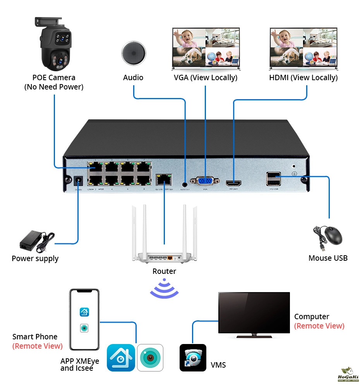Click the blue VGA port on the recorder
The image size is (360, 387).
pyautogui.click(x=205, y=181)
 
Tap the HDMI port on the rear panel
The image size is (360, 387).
pyautogui.click(x=233, y=182)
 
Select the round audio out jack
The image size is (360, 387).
pyautogui.click(x=185, y=180)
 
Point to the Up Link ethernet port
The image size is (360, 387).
pyautogui.click(x=164, y=179)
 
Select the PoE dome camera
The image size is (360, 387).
pyautogui.click(x=56, y=45)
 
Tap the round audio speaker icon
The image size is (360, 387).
pyautogui.click(x=134, y=53)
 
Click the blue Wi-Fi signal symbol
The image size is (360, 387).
pyautogui.click(x=164, y=289)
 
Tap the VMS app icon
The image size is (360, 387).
pyautogui.click(x=193, y=358)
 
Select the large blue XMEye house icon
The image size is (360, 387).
pyautogui.click(x=121, y=358)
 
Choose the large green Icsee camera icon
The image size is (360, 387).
pyautogui.click(x=150, y=358)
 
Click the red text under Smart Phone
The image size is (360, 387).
pyautogui.click(x=37, y=346)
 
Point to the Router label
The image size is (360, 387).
pyautogui.click(x=164, y=271)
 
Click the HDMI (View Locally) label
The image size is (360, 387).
pyautogui.click(x=303, y=77)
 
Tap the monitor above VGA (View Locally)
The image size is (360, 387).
pyautogui.click(x=206, y=48)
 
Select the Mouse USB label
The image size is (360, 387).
pyautogui.click(x=328, y=258)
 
